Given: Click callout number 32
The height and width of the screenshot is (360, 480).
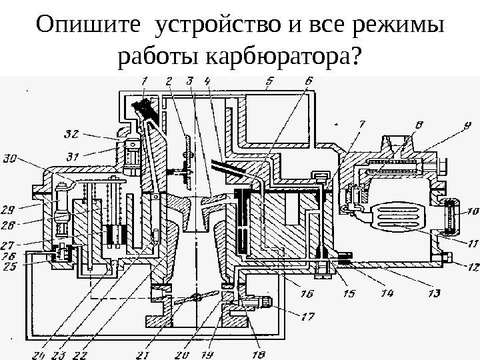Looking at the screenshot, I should [x=71, y=134].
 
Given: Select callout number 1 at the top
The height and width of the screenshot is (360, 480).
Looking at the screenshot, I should [x=144, y=81].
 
